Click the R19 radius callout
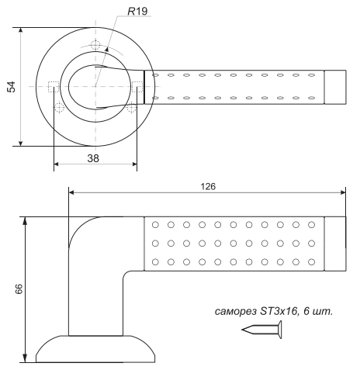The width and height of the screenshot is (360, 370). coord(137,12)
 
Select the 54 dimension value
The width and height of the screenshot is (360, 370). coord(12,87)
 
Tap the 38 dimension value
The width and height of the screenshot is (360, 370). coord(93,158)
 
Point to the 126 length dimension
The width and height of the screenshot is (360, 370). coord(208,186)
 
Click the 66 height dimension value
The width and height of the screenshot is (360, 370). coord(19,289)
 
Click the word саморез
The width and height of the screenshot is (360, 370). coord(236,312)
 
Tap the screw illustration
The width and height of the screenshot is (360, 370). coord(261,330)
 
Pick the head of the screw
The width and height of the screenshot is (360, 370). coord(280,330)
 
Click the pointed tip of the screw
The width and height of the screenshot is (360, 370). coord(242,330)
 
